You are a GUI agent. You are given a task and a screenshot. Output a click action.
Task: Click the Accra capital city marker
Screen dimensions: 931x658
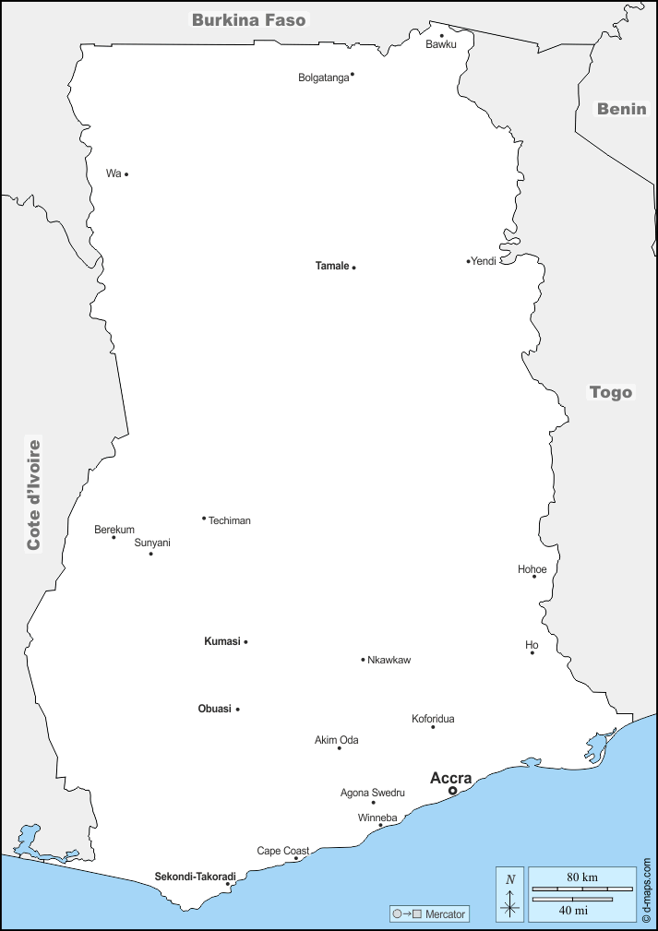click(x=452, y=791)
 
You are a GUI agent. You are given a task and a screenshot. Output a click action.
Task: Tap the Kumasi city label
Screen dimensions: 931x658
click(x=221, y=641)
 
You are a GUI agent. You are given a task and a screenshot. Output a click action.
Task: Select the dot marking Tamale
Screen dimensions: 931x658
click(x=353, y=268)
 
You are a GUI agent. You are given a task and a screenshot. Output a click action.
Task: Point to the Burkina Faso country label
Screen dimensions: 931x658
click(x=248, y=19)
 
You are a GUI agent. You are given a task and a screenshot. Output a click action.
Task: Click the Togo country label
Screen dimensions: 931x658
click(x=611, y=392)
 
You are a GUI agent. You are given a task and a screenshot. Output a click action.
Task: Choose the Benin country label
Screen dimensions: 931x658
click(x=621, y=109)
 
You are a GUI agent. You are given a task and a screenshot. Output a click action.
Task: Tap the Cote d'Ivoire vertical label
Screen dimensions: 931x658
click(x=34, y=495)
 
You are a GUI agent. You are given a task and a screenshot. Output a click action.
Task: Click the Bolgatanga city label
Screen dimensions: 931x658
click(x=323, y=78)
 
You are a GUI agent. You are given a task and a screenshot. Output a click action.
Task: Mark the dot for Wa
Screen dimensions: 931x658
click(x=126, y=174)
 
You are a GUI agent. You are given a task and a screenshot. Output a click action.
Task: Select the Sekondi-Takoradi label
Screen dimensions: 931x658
click(x=195, y=876)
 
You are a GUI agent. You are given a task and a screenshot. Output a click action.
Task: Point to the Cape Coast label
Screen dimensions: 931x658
click(x=282, y=851)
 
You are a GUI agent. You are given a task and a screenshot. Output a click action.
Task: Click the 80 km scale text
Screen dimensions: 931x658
click(x=581, y=876)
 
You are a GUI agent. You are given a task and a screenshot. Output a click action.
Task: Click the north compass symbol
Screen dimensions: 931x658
click(x=510, y=895)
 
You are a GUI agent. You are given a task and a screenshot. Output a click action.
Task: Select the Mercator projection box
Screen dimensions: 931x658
click(x=430, y=914)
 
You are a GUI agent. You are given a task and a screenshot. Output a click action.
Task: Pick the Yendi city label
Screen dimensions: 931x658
click(x=484, y=261)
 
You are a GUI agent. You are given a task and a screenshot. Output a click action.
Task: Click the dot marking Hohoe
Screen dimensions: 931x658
click(x=534, y=577)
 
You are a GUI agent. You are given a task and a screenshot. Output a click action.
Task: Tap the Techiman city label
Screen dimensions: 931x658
click(x=230, y=520)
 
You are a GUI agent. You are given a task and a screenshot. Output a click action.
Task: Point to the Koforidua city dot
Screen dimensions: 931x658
click(x=433, y=727)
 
